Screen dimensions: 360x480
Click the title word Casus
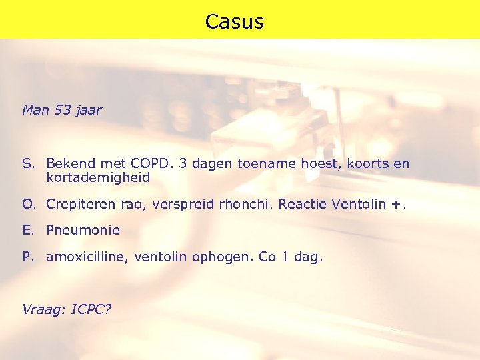pyautogui.click(x=235, y=22)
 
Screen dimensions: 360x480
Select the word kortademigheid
pyautogui.click(x=98, y=178)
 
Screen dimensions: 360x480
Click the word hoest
pyautogui.click(x=318, y=163)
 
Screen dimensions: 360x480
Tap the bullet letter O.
pyautogui.click(x=27, y=203)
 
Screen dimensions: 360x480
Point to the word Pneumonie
pyautogui.click(x=83, y=230)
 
